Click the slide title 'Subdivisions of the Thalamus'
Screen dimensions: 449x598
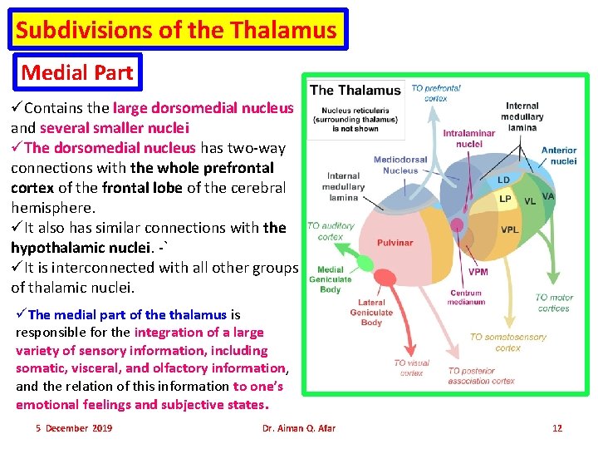(176, 31)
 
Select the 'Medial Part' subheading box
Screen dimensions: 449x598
(77, 72)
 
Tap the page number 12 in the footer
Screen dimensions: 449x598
(557, 428)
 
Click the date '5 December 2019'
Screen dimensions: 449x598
(74, 428)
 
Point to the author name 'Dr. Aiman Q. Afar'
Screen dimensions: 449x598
(298, 428)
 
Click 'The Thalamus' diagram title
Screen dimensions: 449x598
(355, 90)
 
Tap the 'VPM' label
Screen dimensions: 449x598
(478, 272)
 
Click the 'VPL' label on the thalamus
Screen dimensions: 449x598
(510, 229)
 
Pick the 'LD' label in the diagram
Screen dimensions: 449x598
(503, 180)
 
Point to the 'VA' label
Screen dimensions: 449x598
(548, 196)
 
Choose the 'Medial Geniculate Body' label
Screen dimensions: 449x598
(330, 279)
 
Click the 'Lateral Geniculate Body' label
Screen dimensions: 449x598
(371, 313)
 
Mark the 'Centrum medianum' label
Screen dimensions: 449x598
(467, 297)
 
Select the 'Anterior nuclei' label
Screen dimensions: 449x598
(559, 155)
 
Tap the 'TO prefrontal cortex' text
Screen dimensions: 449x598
(435, 93)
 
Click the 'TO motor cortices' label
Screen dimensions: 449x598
(553, 303)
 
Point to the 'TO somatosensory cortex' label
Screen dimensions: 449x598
(507, 342)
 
